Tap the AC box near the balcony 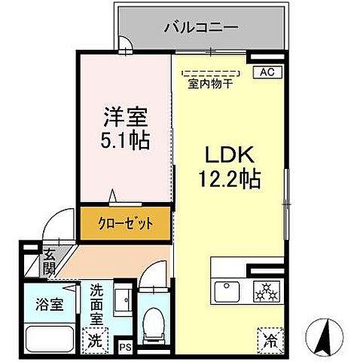[266, 72]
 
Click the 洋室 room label [125, 117]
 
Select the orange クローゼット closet [126, 223]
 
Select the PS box [125, 347]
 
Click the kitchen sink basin [227, 290]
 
